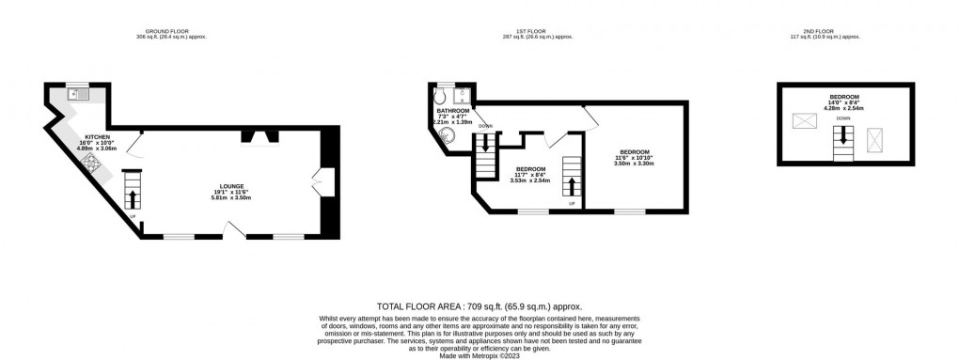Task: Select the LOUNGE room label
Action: click(229, 191)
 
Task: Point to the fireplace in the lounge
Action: click(259, 138)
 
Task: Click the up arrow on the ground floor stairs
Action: click(131, 197)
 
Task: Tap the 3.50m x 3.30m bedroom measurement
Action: click(634, 164)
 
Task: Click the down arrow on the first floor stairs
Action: click(484, 143)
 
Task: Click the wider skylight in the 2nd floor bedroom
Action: click(805, 120)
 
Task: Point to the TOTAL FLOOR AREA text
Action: click(479, 306)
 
